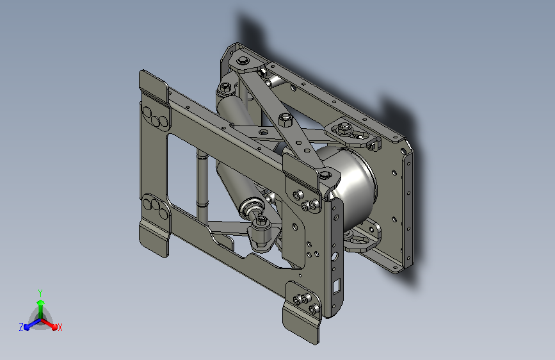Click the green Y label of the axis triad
pyautogui.click(x=40, y=293)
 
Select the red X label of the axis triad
pyautogui.click(x=60, y=327)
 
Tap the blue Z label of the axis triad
pyautogui.click(x=21, y=327)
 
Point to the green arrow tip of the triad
pyautogui.click(x=41, y=302)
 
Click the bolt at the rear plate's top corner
pyautogui.click(x=243, y=60)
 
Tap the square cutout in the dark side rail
pyautogui.click(x=337, y=285)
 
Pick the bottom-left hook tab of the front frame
pyautogui.click(x=154, y=238)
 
